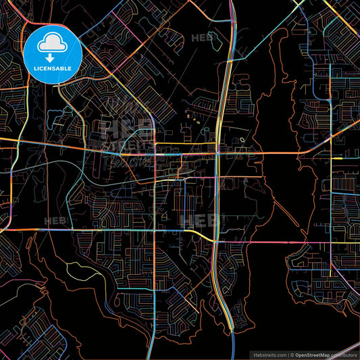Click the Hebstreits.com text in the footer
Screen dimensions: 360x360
pyautogui.click(x=269, y=354)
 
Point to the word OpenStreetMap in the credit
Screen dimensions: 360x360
pyautogui.click(x=316, y=354)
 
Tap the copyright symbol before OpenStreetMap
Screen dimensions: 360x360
pyautogui.click(x=292, y=354)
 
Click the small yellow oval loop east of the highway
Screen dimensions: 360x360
pyautogui.click(x=242, y=141)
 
